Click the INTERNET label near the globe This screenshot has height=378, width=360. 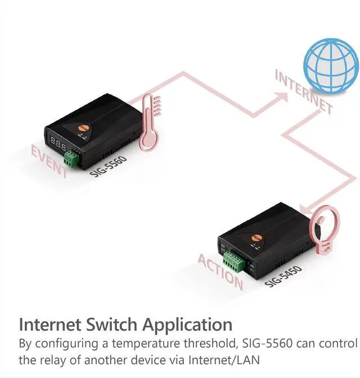point(304,92)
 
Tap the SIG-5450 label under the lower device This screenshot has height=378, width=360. point(283,276)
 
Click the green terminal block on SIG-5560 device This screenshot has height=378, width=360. point(71,157)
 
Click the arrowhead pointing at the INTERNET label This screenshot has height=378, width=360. point(278,91)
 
